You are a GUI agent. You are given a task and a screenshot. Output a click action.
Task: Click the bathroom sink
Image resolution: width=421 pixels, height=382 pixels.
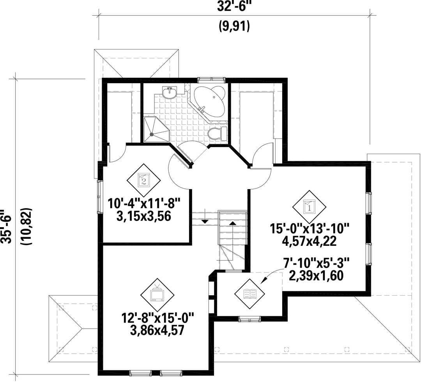pos(170,93)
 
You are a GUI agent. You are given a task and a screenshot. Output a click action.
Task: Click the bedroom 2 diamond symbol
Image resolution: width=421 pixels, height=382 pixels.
pos(143,179)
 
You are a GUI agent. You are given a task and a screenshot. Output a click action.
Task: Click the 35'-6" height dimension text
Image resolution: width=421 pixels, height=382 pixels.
pos(5,227)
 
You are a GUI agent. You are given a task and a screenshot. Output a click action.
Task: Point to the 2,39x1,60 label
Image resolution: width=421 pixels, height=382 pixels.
pos(316,275)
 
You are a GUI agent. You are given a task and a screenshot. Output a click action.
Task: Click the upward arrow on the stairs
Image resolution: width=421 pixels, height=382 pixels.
pos(232,223)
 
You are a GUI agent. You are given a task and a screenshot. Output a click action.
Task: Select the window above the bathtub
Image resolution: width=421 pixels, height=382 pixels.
pos(212,80)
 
